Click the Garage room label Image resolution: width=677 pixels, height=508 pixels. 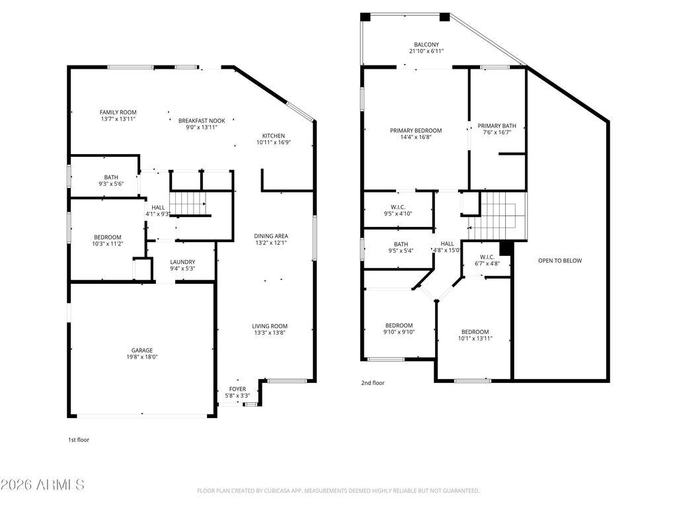tap(142, 351)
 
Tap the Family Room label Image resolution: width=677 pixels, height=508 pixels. tap(118, 112)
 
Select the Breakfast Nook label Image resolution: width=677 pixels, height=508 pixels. tap(202, 121)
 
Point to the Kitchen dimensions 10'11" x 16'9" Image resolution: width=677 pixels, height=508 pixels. tap(274, 142)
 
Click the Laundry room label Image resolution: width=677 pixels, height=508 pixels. tap(182, 262)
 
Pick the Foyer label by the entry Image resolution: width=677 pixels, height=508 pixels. tap(237, 389)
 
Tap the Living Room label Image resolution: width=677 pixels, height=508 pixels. tap(270, 326)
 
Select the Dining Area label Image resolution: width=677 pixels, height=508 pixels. tap(270, 236)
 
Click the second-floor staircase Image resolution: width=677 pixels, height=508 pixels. tap(497, 216)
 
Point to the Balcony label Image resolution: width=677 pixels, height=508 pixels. tap(426, 44)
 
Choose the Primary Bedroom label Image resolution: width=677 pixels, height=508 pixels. tap(416, 130)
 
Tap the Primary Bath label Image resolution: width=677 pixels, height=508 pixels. tap(497, 126)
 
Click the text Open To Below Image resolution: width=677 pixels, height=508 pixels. tap(560, 261)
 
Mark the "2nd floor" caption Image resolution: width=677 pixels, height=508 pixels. tap(373, 383)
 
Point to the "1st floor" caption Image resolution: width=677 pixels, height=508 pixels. tap(79, 440)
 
